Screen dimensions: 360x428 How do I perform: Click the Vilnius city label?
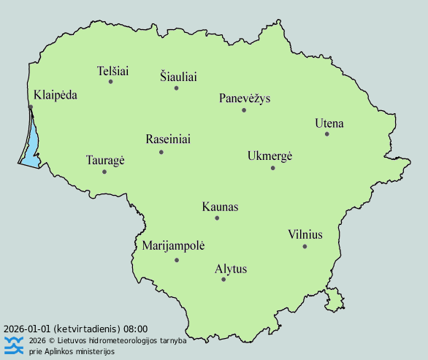305,234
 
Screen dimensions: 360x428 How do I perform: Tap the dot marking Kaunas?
217,218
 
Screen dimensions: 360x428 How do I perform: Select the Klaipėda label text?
56,95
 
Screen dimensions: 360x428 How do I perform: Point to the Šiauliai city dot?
176,88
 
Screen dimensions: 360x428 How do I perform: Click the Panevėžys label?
245,99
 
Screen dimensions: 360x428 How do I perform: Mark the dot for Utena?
327,134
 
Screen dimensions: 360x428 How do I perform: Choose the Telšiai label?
112,72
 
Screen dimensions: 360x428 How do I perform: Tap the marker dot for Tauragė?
104,172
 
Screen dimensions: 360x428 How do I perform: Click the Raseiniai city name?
168,139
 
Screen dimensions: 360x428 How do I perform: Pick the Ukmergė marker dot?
272,168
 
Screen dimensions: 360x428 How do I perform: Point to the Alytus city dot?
223,280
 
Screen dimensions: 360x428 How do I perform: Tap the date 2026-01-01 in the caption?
27,329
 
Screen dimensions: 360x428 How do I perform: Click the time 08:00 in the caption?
136,329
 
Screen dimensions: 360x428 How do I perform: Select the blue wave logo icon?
14,345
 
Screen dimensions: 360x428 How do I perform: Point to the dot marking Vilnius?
305,246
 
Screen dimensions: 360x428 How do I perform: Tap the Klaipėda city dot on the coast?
31,107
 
